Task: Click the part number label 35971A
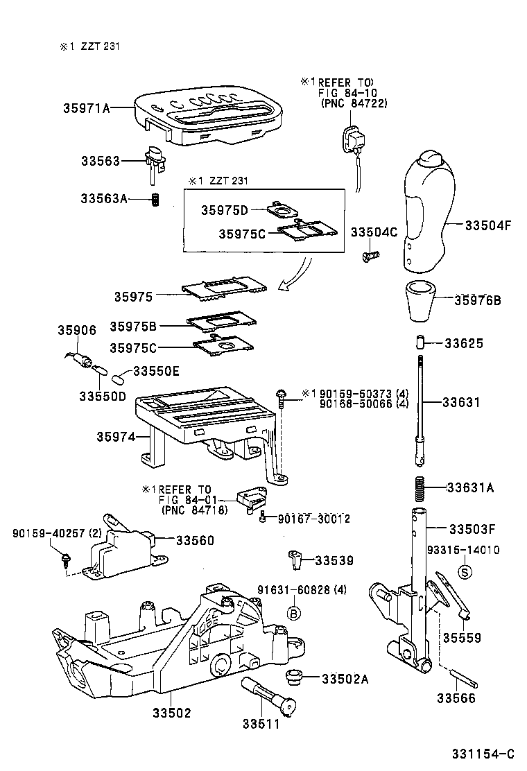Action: click(86, 108)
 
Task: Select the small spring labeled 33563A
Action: click(157, 200)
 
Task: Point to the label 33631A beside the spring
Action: click(469, 487)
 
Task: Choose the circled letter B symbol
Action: click(293, 612)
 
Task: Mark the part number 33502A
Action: click(345, 678)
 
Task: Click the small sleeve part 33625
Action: click(420, 343)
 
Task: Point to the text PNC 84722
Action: click(354, 103)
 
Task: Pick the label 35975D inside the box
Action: click(225, 209)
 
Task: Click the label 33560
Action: click(194, 539)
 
